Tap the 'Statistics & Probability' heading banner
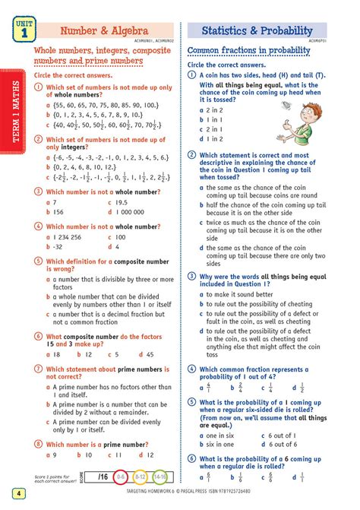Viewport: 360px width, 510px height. tap(257, 31)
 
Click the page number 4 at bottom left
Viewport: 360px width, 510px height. tap(16, 494)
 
